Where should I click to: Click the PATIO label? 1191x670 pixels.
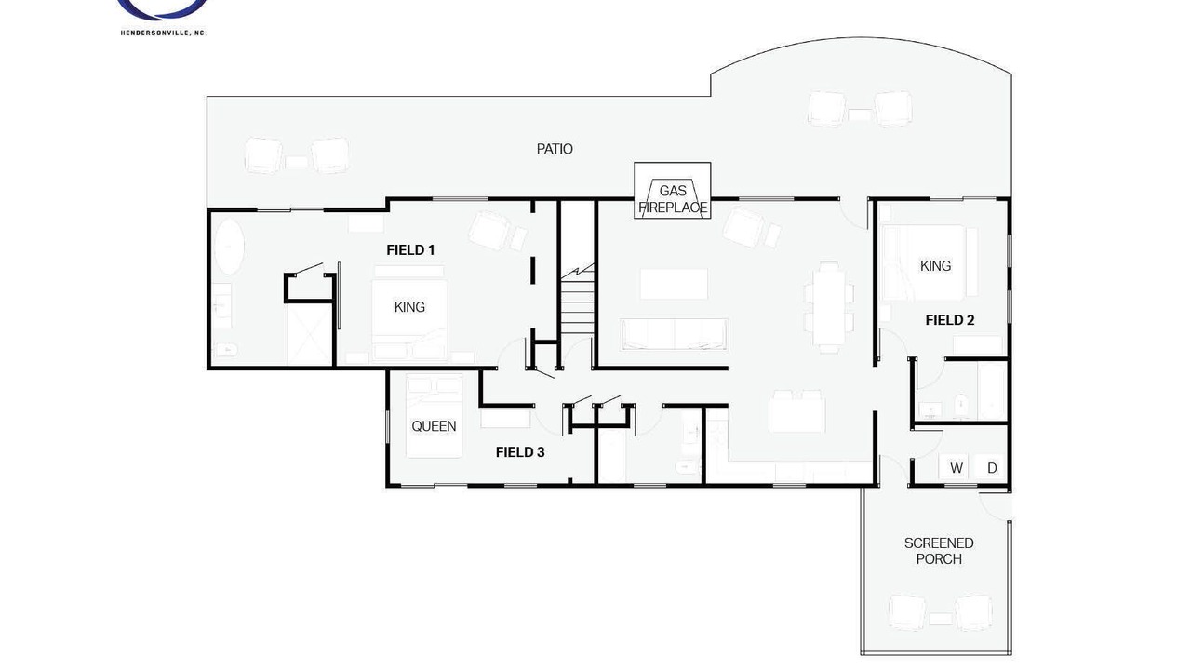click(x=555, y=149)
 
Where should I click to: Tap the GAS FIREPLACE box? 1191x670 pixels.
click(x=672, y=191)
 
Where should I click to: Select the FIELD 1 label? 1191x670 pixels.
click(x=410, y=250)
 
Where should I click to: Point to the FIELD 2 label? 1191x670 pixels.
click(x=950, y=320)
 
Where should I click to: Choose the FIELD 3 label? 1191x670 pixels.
click(x=520, y=452)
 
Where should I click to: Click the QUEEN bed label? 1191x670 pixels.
click(x=434, y=426)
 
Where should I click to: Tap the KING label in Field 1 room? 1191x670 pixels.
click(x=409, y=307)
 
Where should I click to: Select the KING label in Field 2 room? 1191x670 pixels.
click(x=935, y=266)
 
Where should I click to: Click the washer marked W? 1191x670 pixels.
click(x=956, y=467)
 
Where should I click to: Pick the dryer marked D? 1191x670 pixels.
click(x=992, y=467)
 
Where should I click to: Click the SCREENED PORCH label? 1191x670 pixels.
click(x=939, y=551)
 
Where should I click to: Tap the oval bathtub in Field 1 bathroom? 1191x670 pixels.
click(x=229, y=247)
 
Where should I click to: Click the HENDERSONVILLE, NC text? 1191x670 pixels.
click(x=163, y=33)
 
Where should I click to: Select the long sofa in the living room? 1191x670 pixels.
click(x=675, y=334)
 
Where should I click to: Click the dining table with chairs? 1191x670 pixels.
click(x=829, y=307)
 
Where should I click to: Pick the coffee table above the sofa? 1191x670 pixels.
click(x=674, y=284)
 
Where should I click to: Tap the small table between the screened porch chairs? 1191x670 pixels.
click(x=940, y=619)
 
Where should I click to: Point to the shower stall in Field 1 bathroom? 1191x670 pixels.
click(x=310, y=334)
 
